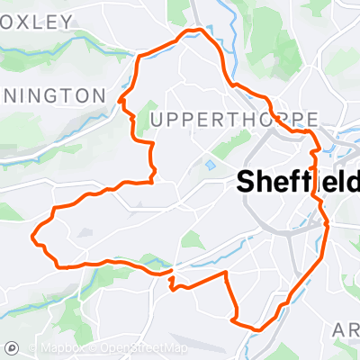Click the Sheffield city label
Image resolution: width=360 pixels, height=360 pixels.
297,180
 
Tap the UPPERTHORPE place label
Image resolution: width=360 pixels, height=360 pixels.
235,120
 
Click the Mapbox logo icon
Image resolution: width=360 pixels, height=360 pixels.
13,347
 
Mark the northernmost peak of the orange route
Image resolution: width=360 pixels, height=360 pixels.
191,32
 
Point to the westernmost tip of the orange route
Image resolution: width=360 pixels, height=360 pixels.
33,238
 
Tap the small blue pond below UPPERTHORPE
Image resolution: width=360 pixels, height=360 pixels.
211,166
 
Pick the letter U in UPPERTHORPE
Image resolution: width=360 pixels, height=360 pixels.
158,120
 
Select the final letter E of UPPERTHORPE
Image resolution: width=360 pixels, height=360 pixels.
313,120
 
